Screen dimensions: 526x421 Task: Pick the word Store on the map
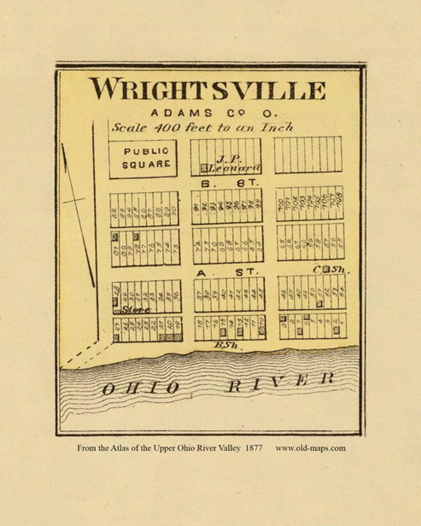(136, 310)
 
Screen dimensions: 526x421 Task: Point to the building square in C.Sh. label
(326, 269)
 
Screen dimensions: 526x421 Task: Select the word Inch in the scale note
(276, 127)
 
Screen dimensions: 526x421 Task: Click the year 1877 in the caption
(253, 448)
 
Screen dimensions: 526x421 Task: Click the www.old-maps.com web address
(310, 448)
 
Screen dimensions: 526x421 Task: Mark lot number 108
(338, 200)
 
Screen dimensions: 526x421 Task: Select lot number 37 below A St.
(198, 294)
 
